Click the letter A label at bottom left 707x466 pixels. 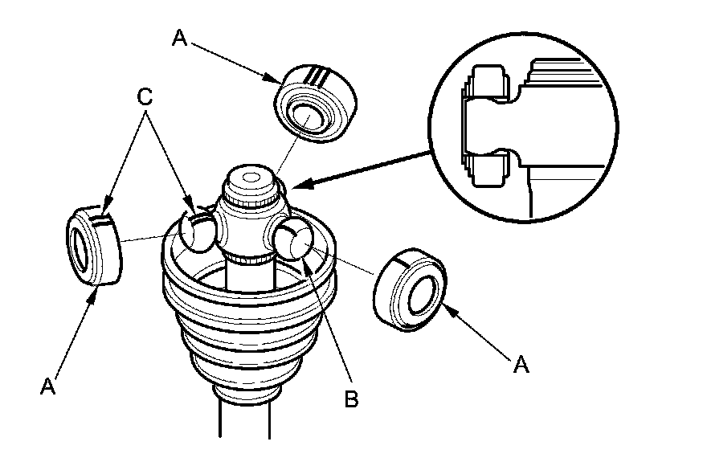pyautogui.click(x=47, y=386)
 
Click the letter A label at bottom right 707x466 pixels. pyautogui.click(x=521, y=366)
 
